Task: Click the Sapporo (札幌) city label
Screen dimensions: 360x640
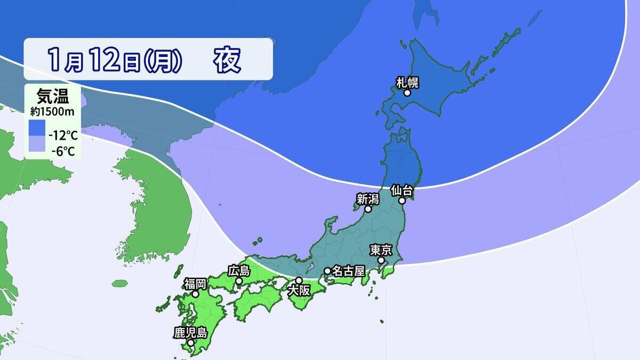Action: click(407, 82)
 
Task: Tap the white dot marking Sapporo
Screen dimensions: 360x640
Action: click(407, 93)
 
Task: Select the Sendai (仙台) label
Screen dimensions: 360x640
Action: click(402, 190)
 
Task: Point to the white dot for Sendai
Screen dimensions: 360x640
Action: click(403, 201)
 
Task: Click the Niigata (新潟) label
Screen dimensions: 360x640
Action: click(367, 198)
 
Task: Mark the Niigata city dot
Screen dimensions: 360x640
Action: click(367, 209)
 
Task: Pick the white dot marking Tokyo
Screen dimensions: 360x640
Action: click(381, 260)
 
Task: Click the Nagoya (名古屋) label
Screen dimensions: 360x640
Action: click(347, 271)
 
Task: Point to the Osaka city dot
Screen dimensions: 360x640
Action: click(299, 281)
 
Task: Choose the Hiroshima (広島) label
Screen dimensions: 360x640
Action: click(238, 270)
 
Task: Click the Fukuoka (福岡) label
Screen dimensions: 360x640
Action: click(195, 283)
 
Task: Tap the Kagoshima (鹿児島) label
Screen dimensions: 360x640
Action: click(190, 332)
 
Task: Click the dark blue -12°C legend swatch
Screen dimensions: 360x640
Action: click(38, 127)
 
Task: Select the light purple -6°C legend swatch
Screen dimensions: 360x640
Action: click(38, 144)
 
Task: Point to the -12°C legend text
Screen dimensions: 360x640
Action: click(63, 134)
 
